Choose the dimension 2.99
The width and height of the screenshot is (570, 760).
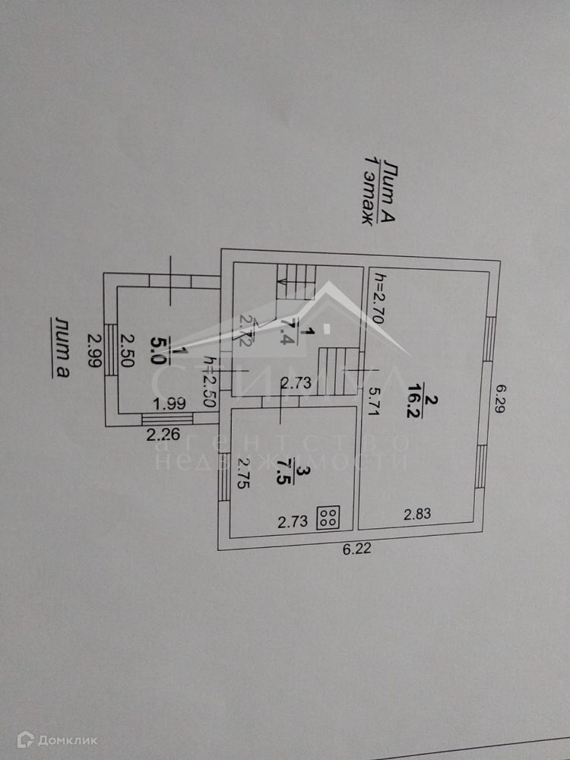pos(93,350)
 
